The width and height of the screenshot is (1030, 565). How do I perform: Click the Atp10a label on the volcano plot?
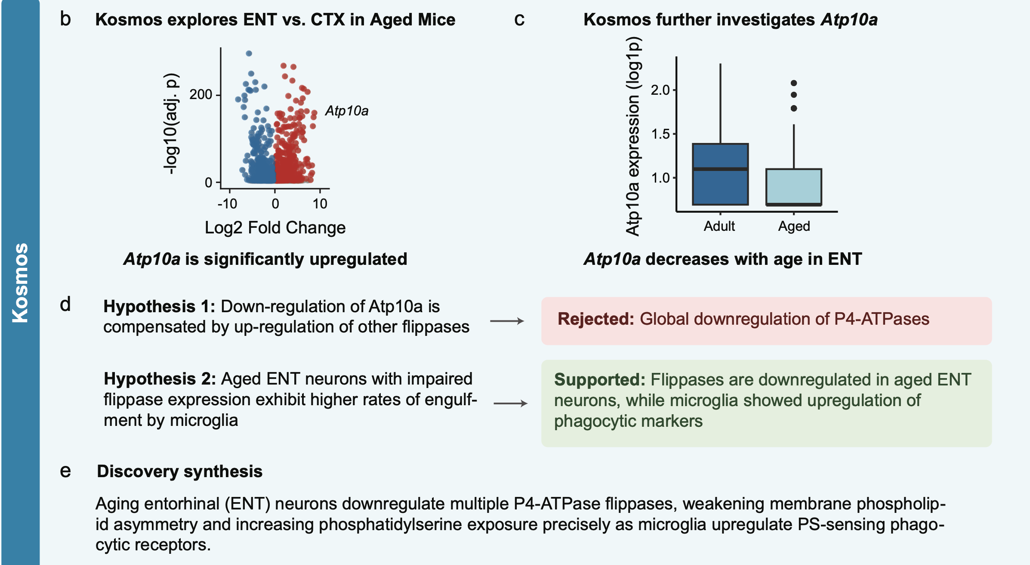click(347, 111)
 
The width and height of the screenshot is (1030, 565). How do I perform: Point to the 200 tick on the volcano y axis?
click(201, 94)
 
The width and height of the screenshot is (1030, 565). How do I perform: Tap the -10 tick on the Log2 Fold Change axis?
click(227, 204)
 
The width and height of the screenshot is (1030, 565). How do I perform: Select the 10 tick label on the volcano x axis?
click(320, 204)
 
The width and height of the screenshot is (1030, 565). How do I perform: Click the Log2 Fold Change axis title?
click(275, 227)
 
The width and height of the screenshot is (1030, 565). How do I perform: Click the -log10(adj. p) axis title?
click(171, 124)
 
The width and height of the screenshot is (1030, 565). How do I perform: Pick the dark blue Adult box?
click(720, 174)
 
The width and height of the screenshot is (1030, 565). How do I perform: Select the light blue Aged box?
click(793, 186)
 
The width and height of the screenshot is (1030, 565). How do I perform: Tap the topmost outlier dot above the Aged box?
click(794, 83)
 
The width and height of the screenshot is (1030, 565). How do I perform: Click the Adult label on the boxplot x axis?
click(719, 226)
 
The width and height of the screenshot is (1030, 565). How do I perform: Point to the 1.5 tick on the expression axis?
click(660, 134)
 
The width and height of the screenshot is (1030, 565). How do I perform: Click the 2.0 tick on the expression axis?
click(660, 90)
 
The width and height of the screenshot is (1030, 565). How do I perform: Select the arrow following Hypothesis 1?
click(507, 321)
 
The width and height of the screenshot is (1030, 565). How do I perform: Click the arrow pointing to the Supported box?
click(510, 404)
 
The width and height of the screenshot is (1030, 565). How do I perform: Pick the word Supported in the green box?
click(599, 380)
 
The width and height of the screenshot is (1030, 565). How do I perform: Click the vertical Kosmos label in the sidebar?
click(20, 282)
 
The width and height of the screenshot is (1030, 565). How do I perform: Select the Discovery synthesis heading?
click(179, 472)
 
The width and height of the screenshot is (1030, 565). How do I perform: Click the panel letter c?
click(519, 19)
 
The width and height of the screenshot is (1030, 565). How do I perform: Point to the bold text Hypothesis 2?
click(160, 379)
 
